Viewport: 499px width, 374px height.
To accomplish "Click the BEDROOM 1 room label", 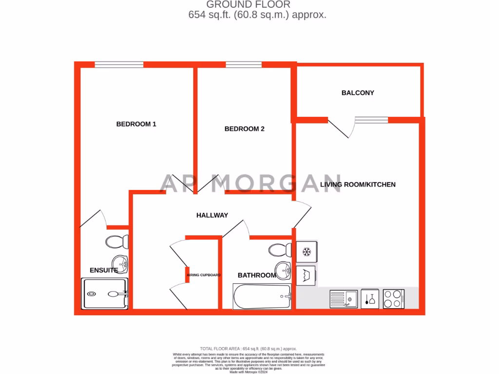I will click(136, 124).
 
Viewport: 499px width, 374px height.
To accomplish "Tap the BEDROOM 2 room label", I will click(244, 129).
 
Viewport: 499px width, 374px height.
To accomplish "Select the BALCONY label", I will click(358, 93).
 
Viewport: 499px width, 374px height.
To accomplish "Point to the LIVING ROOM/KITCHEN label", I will click(358, 185).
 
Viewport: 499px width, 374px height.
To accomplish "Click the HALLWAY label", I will click(212, 215).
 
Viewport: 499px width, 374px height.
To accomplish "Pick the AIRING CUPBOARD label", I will click(204, 275).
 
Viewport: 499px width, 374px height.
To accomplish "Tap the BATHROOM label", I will click(256, 276).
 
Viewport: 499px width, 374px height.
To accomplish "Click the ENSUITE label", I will click(104, 270).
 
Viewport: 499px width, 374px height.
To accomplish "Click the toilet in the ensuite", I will click(117, 242).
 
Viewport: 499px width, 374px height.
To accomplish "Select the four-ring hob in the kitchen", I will click(393, 299).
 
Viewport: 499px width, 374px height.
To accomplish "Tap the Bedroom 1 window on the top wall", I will click(119, 64).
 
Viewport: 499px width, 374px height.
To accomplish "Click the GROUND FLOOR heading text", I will click(249, 4).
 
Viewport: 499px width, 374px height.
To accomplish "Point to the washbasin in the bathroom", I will click(283, 269).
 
